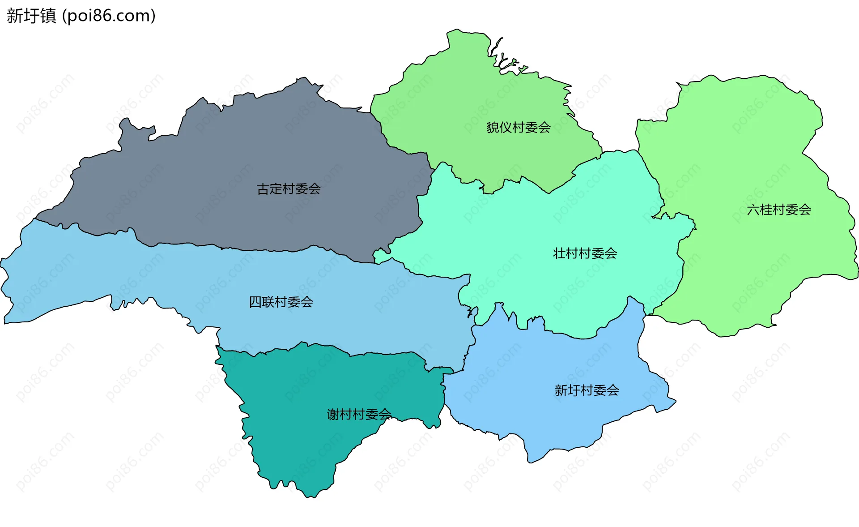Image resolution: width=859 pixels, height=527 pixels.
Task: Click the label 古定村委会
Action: pos(289,189)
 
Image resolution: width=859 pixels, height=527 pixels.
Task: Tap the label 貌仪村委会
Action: pos(518,128)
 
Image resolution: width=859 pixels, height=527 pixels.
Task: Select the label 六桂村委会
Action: pos(778,210)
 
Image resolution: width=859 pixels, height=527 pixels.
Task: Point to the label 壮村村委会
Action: pos(585,253)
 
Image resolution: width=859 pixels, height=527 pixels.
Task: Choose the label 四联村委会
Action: pos(281,302)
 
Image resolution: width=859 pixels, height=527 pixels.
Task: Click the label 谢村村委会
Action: pos(359,414)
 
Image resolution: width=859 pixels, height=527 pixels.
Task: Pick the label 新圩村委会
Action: pos(587,390)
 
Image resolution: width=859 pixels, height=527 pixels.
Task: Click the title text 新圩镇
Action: pos(31,16)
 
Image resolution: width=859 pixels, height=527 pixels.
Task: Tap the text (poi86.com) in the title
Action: pos(109,16)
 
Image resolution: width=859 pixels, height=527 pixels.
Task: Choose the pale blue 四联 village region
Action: pos(134,278)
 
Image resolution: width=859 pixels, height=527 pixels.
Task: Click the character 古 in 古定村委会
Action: pos(263,189)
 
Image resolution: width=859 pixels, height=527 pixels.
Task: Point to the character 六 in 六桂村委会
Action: pos(753,210)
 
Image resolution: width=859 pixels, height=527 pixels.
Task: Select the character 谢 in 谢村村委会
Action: pos(333,414)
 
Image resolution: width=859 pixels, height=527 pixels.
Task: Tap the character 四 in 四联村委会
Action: pos(255,302)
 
